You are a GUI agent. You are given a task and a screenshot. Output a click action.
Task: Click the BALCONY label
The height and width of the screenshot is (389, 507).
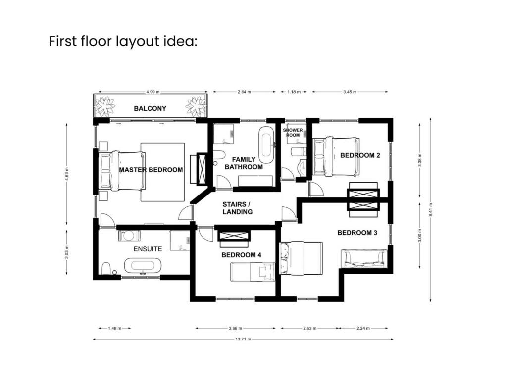tap(150, 108)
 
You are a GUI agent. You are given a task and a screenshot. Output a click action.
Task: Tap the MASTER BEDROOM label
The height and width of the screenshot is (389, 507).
tap(151, 170)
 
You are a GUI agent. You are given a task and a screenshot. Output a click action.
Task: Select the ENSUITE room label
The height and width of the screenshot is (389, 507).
tap(148, 249)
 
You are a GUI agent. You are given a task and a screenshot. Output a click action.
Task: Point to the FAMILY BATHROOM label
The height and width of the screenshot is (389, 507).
tap(244, 163)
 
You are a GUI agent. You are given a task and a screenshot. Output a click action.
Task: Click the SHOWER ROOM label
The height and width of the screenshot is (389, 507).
tap(293, 133)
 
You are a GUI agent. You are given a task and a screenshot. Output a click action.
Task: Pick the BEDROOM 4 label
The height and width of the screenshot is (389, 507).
tap(241, 255)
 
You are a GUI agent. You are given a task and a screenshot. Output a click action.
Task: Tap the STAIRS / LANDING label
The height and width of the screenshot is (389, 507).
tap(237, 208)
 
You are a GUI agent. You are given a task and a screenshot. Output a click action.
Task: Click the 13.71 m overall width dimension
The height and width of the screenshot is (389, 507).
tap(243, 339)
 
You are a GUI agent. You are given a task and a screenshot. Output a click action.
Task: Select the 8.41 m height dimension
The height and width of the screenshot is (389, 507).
tap(430, 210)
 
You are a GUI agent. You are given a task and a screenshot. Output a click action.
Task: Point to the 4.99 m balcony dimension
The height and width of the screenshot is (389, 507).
tap(152, 92)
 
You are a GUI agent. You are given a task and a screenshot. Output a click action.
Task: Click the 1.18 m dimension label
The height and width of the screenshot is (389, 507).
tap(294, 92)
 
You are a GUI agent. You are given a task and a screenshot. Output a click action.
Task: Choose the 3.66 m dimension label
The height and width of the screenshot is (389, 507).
tap(235, 328)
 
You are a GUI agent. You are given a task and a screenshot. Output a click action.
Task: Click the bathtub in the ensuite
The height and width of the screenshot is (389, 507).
tap(143, 266)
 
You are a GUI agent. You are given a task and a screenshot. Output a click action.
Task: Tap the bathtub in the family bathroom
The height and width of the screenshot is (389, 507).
tap(266, 142)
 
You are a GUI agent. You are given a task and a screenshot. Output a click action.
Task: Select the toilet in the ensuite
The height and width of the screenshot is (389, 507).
tap(106, 268)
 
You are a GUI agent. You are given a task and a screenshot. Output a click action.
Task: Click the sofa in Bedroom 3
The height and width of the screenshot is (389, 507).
tap(364, 259)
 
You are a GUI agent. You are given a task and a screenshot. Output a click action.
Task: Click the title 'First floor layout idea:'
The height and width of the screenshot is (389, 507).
tap(123, 42)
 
